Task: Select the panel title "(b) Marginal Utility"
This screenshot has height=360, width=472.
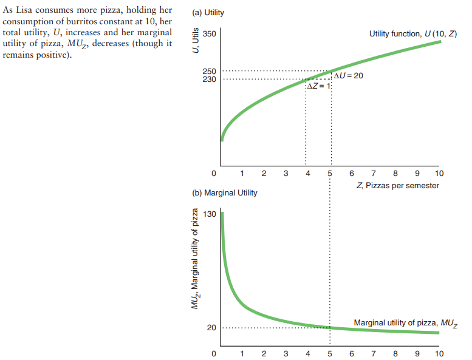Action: pos(224,193)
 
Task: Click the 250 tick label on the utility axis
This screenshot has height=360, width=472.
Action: pos(208,72)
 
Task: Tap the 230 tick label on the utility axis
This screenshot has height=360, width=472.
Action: pos(208,79)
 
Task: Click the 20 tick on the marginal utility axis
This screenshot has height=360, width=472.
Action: pos(211,328)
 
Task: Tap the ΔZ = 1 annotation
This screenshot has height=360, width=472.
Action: pos(318,86)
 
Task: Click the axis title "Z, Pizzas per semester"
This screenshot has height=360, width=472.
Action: pos(397,185)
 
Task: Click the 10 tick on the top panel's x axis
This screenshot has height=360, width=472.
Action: pos(440,174)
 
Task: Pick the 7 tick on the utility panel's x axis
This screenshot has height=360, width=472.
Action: pos(374,174)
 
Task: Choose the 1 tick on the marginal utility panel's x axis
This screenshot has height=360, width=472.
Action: pos(242,353)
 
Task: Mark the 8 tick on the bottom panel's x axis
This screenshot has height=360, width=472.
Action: pos(395,353)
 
